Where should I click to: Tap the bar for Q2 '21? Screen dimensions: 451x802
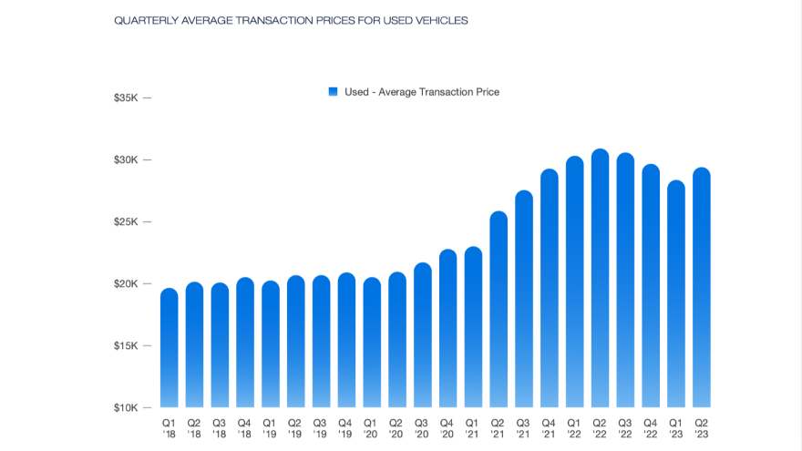click(499, 310)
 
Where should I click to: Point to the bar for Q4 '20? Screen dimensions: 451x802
click(447, 328)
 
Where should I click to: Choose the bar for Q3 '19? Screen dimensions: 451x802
click(321, 342)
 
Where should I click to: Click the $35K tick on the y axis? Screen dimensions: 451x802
click(126, 97)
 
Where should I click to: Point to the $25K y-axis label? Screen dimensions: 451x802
click(126, 221)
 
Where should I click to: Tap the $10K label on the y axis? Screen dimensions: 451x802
click(126, 407)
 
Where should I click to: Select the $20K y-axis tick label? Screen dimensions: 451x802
click(126, 283)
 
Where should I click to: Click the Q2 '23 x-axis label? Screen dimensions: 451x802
click(702, 427)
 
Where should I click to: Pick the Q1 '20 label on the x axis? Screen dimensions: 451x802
click(371, 427)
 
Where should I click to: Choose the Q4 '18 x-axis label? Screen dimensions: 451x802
click(244, 427)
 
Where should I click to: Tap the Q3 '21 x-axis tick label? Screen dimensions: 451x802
click(523, 427)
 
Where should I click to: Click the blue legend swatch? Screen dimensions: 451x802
click(333, 91)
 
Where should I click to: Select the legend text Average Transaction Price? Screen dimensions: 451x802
click(438, 92)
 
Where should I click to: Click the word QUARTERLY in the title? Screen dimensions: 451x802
click(144, 20)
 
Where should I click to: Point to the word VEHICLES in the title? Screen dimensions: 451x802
click(440, 20)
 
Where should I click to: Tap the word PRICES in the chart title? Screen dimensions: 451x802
click(334, 20)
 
